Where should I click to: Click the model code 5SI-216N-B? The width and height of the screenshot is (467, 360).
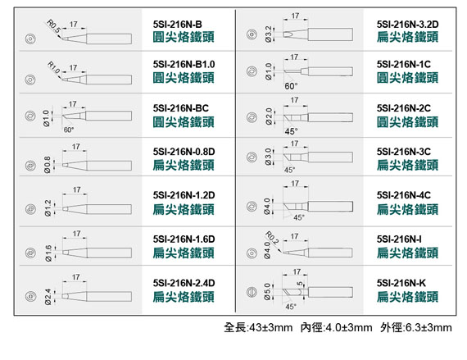[178, 24]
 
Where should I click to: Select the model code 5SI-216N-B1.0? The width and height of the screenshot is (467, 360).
[184, 64]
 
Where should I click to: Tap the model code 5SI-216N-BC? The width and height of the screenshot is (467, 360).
[181, 108]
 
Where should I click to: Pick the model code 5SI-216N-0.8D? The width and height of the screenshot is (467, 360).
[184, 152]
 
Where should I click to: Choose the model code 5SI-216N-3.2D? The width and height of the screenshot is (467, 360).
[407, 24]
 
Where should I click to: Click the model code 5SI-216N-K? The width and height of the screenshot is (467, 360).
[401, 283]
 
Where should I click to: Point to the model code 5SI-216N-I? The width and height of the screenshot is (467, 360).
[399, 239]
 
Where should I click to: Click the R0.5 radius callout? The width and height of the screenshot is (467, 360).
[54, 26]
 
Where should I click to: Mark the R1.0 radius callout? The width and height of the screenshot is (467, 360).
[54, 67]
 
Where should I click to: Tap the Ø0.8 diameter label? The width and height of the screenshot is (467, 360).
[48, 165]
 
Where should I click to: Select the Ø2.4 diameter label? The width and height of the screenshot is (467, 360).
[48, 297]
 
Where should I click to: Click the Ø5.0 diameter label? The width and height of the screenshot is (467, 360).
[267, 292]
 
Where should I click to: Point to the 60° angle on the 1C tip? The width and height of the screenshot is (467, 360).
[291, 86]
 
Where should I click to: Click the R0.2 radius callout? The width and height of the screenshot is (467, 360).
[272, 238]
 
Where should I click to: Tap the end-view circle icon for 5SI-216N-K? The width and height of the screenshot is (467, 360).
[252, 292]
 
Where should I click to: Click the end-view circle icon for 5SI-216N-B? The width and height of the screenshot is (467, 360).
[30, 39]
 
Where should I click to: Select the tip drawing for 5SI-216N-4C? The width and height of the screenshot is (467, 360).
[318, 206]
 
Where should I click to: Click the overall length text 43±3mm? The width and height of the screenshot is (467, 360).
[270, 327]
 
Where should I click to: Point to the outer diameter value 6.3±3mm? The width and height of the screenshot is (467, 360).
[428, 327]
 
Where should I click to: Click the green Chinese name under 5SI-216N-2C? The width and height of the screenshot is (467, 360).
[407, 122]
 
